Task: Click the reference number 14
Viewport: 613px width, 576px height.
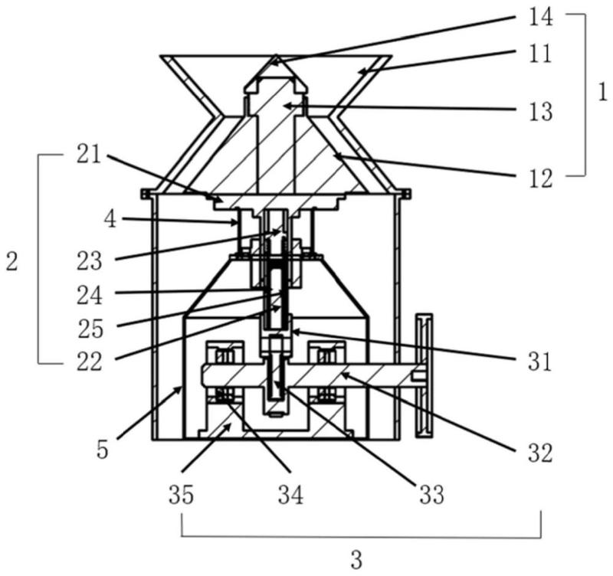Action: coord(541,17)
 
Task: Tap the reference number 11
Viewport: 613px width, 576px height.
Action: coord(540,54)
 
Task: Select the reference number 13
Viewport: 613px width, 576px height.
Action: coord(541,112)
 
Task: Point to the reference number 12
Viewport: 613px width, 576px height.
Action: coord(541,178)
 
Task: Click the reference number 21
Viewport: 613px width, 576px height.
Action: coord(89,155)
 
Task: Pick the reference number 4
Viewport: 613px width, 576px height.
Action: coord(110,219)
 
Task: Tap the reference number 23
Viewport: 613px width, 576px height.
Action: coord(89,261)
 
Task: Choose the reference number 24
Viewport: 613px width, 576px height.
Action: coord(90,295)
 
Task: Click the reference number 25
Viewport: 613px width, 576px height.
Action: coord(90,329)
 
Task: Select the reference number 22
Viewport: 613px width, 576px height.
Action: coord(89,362)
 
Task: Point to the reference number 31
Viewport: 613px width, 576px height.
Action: coord(539,362)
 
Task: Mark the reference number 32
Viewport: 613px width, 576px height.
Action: coord(540,453)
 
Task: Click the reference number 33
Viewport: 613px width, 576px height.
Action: coord(431,494)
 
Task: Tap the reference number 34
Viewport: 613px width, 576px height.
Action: coord(290,495)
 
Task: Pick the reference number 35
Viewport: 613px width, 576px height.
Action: coord(181,495)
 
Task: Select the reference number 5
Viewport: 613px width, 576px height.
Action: coord(102,450)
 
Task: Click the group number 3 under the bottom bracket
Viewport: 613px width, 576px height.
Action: coord(356,560)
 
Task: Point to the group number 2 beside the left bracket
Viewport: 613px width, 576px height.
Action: coord(11,261)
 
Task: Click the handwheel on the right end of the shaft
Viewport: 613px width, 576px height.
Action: coord(425,376)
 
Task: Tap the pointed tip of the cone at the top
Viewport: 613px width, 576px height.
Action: coord(276,55)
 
